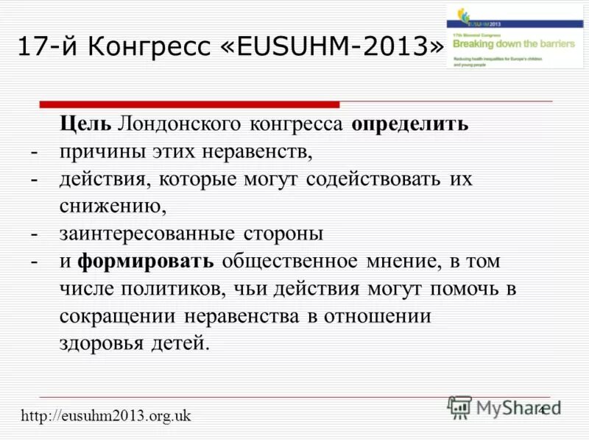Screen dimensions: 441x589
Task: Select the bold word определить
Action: (x=409, y=123)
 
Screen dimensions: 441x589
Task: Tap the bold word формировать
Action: (x=147, y=261)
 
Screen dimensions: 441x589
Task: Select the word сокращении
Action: (x=117, y=316)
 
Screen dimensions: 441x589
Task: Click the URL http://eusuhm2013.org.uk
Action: (x=106, y=416)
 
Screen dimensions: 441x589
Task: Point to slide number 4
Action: (x=543, y=409)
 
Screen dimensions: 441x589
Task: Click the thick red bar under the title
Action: (x=189, y=104)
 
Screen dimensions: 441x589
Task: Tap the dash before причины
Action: (x=34, y=152)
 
